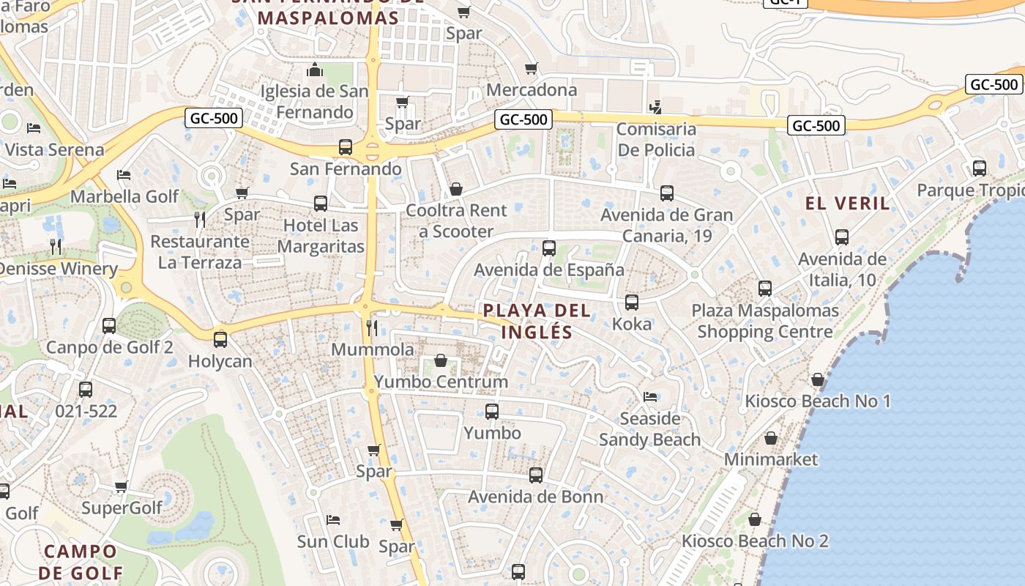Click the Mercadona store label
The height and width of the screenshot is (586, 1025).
coord(532,90)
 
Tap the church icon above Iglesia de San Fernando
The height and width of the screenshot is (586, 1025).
coord(315,70)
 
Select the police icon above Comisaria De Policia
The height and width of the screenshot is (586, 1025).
coord(655,107)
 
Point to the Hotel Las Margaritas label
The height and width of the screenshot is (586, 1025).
coord(321,236)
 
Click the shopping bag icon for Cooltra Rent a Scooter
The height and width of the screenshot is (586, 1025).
coord(456,189)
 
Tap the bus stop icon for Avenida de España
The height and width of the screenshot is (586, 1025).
coord(549,248)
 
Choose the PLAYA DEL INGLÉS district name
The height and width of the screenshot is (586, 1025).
coord(537,321)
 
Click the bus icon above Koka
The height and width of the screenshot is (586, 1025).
coord(632,302)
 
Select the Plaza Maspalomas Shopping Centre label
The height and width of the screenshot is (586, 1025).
coord(765,321)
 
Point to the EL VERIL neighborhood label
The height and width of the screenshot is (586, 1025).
coord(848,203)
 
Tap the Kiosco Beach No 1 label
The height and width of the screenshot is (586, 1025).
coord(817,401)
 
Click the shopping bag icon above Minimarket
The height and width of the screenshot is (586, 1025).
coord(771,438)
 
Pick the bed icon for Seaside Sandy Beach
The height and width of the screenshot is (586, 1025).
coord(650,397)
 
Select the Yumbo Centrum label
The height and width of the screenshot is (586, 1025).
coord(441,382)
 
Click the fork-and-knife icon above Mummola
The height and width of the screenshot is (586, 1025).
coord(372,327)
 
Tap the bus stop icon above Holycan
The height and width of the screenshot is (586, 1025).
coord(220,340)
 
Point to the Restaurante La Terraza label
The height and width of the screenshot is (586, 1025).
coord(200,252)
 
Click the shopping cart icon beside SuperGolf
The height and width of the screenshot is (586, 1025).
coord(122,487)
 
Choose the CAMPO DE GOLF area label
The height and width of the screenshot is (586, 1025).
coord(80,562)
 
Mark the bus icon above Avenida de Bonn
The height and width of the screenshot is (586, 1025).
coord(536,475)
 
